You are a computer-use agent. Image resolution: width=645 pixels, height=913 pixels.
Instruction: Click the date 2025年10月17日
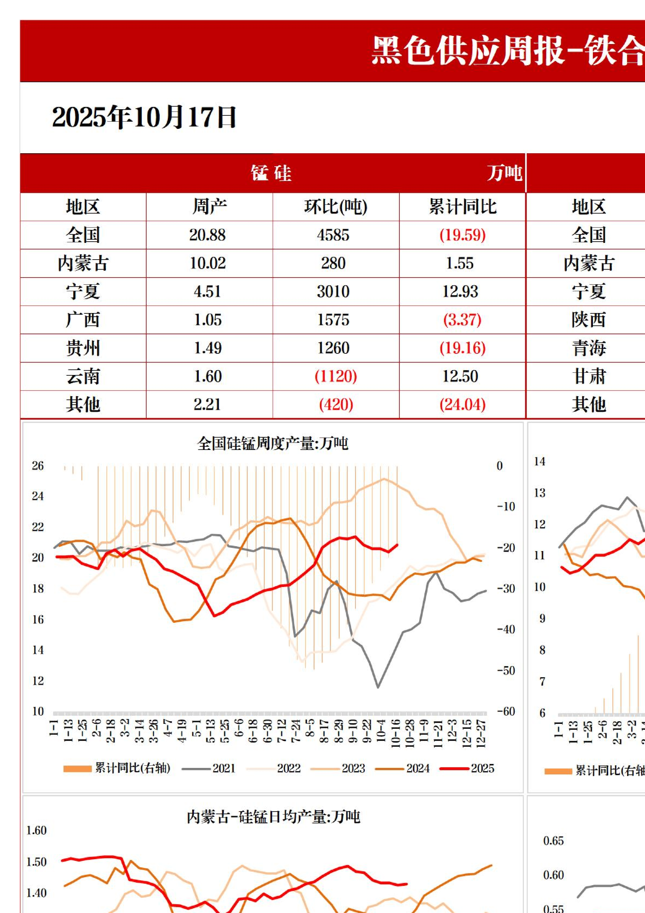tap(144, 117)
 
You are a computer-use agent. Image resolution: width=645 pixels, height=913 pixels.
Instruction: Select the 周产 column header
tap(209, 207)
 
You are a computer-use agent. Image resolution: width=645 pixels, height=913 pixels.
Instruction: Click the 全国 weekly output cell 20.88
tap(207, 235)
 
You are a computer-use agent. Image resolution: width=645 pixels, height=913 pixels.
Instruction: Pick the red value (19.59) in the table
tap(463, 235)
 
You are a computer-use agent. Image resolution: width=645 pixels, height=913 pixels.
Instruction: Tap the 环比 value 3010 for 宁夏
tap(333, 292)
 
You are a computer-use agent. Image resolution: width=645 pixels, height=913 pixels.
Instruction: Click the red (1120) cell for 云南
tap(336, 377)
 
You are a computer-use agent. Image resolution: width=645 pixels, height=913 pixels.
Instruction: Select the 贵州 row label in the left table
tap(83, 348)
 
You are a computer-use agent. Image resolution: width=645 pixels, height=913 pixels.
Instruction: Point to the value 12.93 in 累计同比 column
tap(460, 292)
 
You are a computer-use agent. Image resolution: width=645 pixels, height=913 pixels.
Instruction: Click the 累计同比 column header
tap(463, 207)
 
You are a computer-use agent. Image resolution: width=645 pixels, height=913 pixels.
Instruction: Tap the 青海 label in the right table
tap(589, 348)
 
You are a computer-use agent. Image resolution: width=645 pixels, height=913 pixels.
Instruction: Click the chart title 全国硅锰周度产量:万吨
tap(273, 444)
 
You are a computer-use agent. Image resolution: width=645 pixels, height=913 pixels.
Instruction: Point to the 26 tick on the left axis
tap(37, 466)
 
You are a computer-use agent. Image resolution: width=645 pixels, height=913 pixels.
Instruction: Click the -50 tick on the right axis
tap(506, 671)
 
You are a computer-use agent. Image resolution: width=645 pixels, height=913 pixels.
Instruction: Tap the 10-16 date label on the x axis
tap(396, 734)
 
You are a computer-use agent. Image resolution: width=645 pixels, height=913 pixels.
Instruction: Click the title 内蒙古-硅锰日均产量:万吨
tap(273, 817)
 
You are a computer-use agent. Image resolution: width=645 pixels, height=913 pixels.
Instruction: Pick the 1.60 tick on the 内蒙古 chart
tap(36, 830)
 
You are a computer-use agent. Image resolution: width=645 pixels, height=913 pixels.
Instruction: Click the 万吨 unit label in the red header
tap(504, 173)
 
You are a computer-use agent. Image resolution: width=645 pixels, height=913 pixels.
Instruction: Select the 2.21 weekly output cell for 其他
tap(207, 405)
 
